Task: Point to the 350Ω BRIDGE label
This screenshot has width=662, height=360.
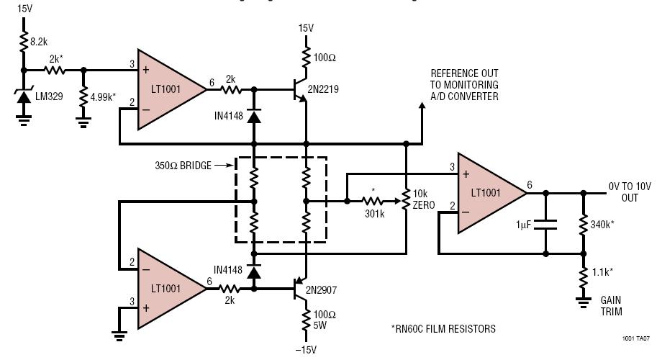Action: click(183, 166)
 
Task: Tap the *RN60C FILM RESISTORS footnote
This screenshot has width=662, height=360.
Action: click(443, 328)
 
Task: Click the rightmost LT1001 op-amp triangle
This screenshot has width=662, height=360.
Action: click(489, 193)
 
